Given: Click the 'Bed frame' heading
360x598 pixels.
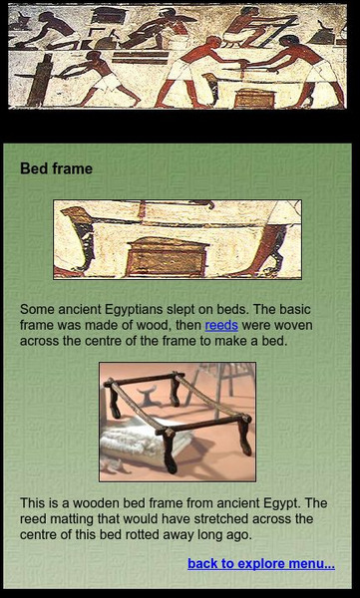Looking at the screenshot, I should (56, 169).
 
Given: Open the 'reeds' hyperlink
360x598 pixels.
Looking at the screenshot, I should (221, 325).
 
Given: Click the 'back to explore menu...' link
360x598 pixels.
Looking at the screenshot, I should (260, 564).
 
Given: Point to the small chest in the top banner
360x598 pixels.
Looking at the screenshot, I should (254, 98).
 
